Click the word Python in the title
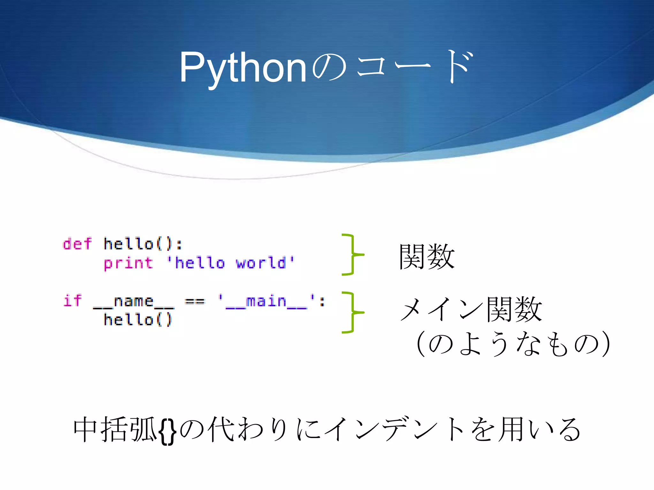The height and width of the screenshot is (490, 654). (x=243, y=68)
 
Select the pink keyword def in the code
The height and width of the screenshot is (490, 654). (x=77, y=244)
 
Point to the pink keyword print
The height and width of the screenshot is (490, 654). (x=128, y=264)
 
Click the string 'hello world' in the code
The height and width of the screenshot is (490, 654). (x=231, y=263)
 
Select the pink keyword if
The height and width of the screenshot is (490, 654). (x=72, y=301)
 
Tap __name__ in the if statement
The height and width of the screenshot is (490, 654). (x=133, y=302)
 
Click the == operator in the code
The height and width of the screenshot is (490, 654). (x=194, y=301)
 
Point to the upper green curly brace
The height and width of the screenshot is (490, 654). (x=352, y=254)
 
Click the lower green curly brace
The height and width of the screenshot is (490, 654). (x=352, y=312)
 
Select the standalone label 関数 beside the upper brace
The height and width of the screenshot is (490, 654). (x=427, y=256)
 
